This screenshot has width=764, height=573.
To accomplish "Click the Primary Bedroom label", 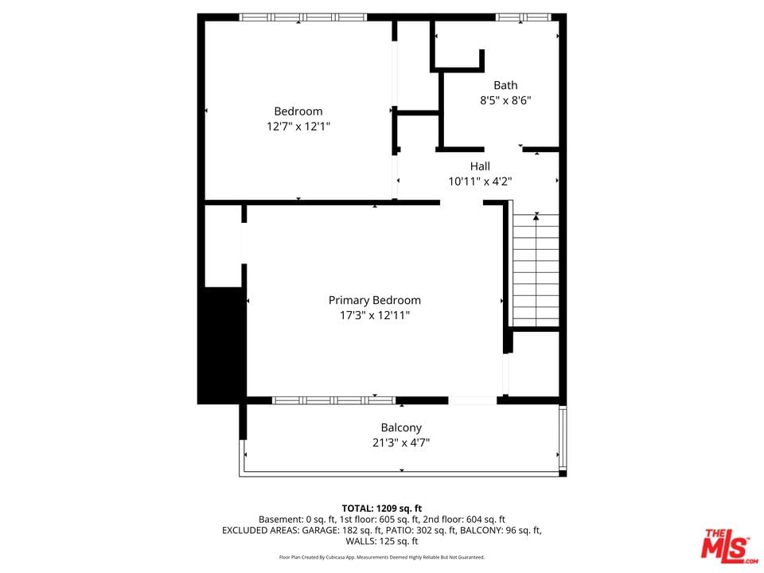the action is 374,300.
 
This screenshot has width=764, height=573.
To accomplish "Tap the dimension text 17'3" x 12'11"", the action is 374,315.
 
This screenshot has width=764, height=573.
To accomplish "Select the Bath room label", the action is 505,85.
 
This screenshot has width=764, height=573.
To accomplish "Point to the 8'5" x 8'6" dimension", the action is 505,100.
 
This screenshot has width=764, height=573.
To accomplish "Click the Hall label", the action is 480,166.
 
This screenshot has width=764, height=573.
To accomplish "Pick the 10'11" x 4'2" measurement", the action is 480,181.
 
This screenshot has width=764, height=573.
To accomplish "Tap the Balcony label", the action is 401,428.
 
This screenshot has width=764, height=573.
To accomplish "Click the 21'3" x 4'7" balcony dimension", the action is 401,443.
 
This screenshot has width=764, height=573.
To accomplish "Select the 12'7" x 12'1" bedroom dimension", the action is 298,127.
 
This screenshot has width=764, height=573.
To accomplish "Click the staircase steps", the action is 536,270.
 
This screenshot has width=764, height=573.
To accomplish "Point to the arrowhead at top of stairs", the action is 536,216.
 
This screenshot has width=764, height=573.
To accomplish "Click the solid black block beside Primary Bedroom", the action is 222,345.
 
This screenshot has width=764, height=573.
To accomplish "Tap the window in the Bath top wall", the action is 524,17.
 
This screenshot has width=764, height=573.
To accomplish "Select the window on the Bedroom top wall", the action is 303,17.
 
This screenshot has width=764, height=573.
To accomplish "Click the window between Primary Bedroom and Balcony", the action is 333,400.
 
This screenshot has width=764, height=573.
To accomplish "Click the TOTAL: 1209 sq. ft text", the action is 381,509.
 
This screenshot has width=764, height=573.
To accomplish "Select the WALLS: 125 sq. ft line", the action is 381,541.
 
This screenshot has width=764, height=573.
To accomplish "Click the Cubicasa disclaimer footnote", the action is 381,557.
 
